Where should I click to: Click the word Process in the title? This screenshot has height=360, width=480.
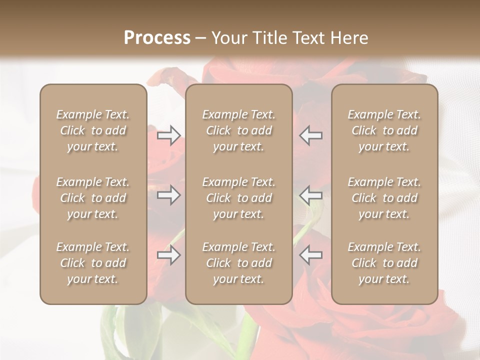(157, 38)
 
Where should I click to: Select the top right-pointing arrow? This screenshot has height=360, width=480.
(168, 135)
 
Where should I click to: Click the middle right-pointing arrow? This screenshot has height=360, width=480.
(168, 195)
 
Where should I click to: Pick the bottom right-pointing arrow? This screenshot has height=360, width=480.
(168, 255)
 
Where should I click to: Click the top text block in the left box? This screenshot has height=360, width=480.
(93, 130)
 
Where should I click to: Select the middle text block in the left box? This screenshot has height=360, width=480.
(93, 198)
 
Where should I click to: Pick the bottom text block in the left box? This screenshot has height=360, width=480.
(93, 263)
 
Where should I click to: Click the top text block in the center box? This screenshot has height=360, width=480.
(238, 130)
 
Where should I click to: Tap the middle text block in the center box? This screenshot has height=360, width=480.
(238, 198)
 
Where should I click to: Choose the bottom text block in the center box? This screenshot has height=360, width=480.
(238, 263)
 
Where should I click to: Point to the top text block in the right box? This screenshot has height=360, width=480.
(384, 130)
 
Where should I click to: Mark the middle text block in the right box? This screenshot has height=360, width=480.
(384, 198)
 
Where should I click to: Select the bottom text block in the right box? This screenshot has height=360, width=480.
(384, 263)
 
